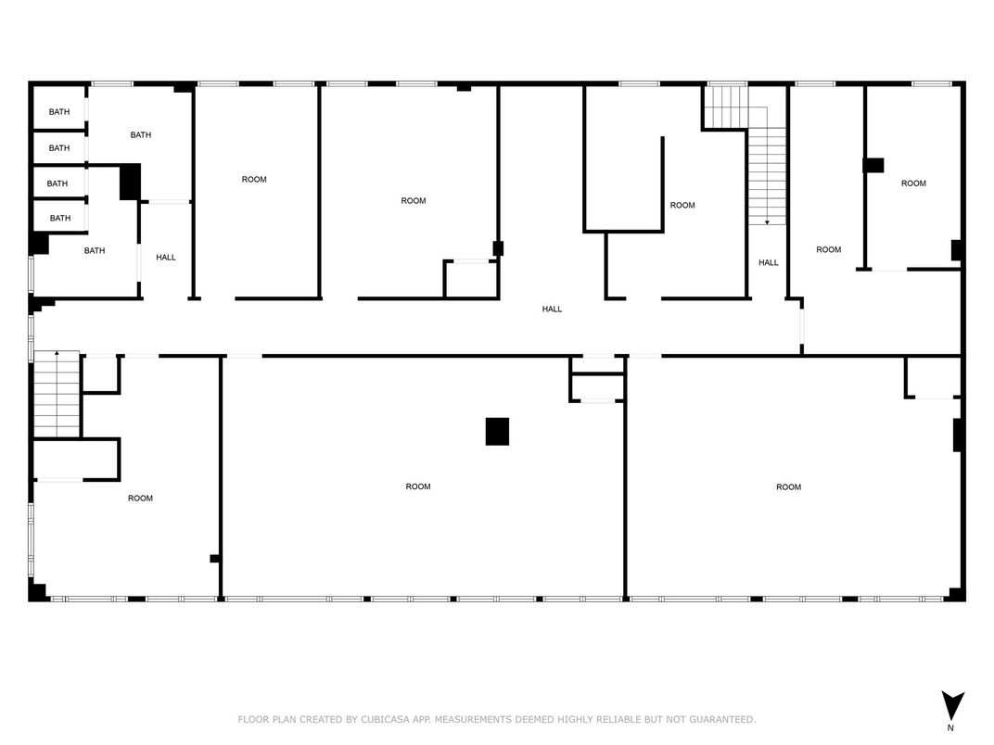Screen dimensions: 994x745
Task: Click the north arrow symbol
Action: click(x=952, y=704)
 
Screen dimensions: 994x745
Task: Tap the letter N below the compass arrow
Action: click(x=950, y=728)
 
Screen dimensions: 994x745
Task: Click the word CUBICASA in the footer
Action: click(x=385, y=719)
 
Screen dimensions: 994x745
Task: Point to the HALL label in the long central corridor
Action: click(x=552, y=309)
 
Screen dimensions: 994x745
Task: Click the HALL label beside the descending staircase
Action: click(x=769, y=262)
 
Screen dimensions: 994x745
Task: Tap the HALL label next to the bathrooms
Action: click(x=166, y=258)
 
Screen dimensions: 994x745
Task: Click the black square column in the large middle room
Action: click(x=497, y=432)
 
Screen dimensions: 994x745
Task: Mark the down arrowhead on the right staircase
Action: click(x=767, y=222)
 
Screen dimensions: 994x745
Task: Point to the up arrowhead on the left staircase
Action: click(x=57, y=352)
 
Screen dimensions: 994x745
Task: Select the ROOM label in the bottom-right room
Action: click(x=788, y=487)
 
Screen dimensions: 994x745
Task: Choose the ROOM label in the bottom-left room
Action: click(x=140, y=498)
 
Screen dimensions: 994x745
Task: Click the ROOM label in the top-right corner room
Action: click(x=913, y=183)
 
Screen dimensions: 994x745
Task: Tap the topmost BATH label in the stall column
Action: click(x=59, y=111)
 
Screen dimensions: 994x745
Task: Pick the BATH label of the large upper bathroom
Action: click(x=141, y=134)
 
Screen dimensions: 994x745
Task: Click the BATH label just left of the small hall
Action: click(x=95, y=250)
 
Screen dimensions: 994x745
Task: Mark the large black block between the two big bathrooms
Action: click(x=130, y=182)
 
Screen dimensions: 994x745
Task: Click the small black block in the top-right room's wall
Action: click(x=873, y=165)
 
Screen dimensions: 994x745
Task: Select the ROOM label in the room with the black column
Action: click(x=418, y=486)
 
